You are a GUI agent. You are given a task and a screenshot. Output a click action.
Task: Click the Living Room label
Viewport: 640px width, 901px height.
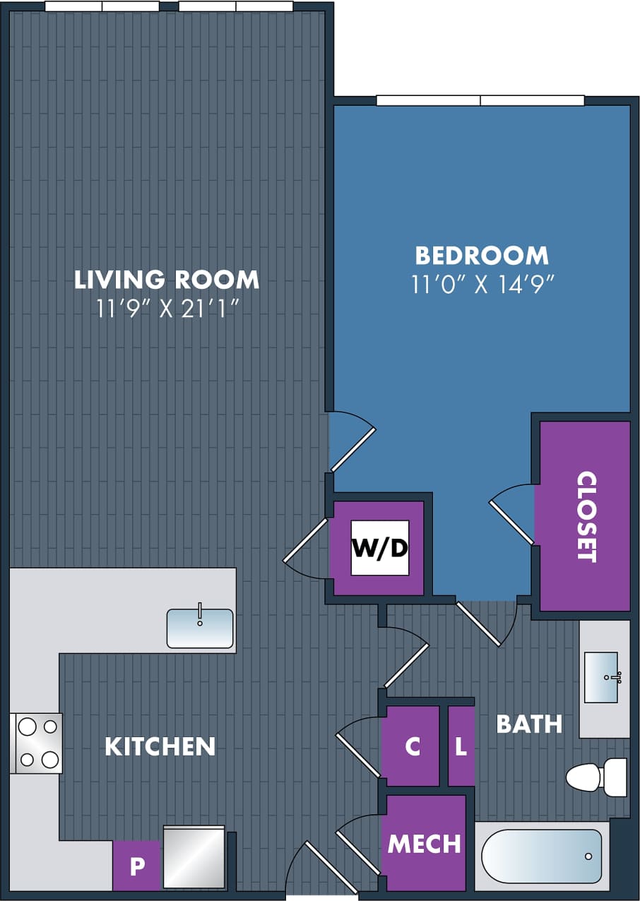pyautogui.click(x=167, y=280)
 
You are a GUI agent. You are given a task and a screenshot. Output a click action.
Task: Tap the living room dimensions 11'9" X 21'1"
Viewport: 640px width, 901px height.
pyautogui.click(x=167, y=309)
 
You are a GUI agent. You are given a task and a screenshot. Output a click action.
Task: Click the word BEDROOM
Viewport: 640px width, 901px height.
pyautogui.click(x=482, y=255)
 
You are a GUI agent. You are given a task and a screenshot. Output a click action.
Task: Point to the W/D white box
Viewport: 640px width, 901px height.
pyautogui.click(x=380, y=549)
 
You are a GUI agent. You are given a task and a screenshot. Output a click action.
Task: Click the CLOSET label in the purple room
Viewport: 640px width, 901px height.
pyautogui.click(x=587, y=516)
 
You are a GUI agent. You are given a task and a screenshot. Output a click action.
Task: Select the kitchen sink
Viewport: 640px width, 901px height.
pyautogui.click(x=200, y=628)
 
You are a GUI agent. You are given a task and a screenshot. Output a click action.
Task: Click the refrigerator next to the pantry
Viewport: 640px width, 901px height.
pyautogui.click(x=194, y=857)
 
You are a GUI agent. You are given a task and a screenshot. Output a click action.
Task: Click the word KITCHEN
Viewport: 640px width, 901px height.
pyautogui.click(x=160, y=746)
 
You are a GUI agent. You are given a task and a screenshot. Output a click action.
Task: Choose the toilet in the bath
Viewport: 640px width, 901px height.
pyautogui.click(x=596, y=777)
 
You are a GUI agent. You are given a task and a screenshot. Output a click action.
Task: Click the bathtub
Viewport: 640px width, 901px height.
pyautogui.click(x=542, y=856)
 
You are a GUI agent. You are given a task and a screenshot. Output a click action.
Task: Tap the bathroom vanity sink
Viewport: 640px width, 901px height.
pyautogui.click(x=601, y=677)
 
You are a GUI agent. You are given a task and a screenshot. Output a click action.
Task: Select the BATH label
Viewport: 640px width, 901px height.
pyautogui.click(x=529, y=724)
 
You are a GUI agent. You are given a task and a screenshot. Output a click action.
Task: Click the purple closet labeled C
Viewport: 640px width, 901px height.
pyautogui.click(x=412, y=746)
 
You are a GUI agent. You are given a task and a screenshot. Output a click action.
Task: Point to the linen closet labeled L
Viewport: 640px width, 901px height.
pyautogui.click(x=461, y=746)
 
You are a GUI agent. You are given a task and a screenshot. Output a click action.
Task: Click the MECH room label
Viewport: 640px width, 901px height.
pyautogui.click(x=424, y=843)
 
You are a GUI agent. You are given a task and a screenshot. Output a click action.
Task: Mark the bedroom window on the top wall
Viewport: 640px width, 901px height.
pyautogui.click(x=480, y=100)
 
